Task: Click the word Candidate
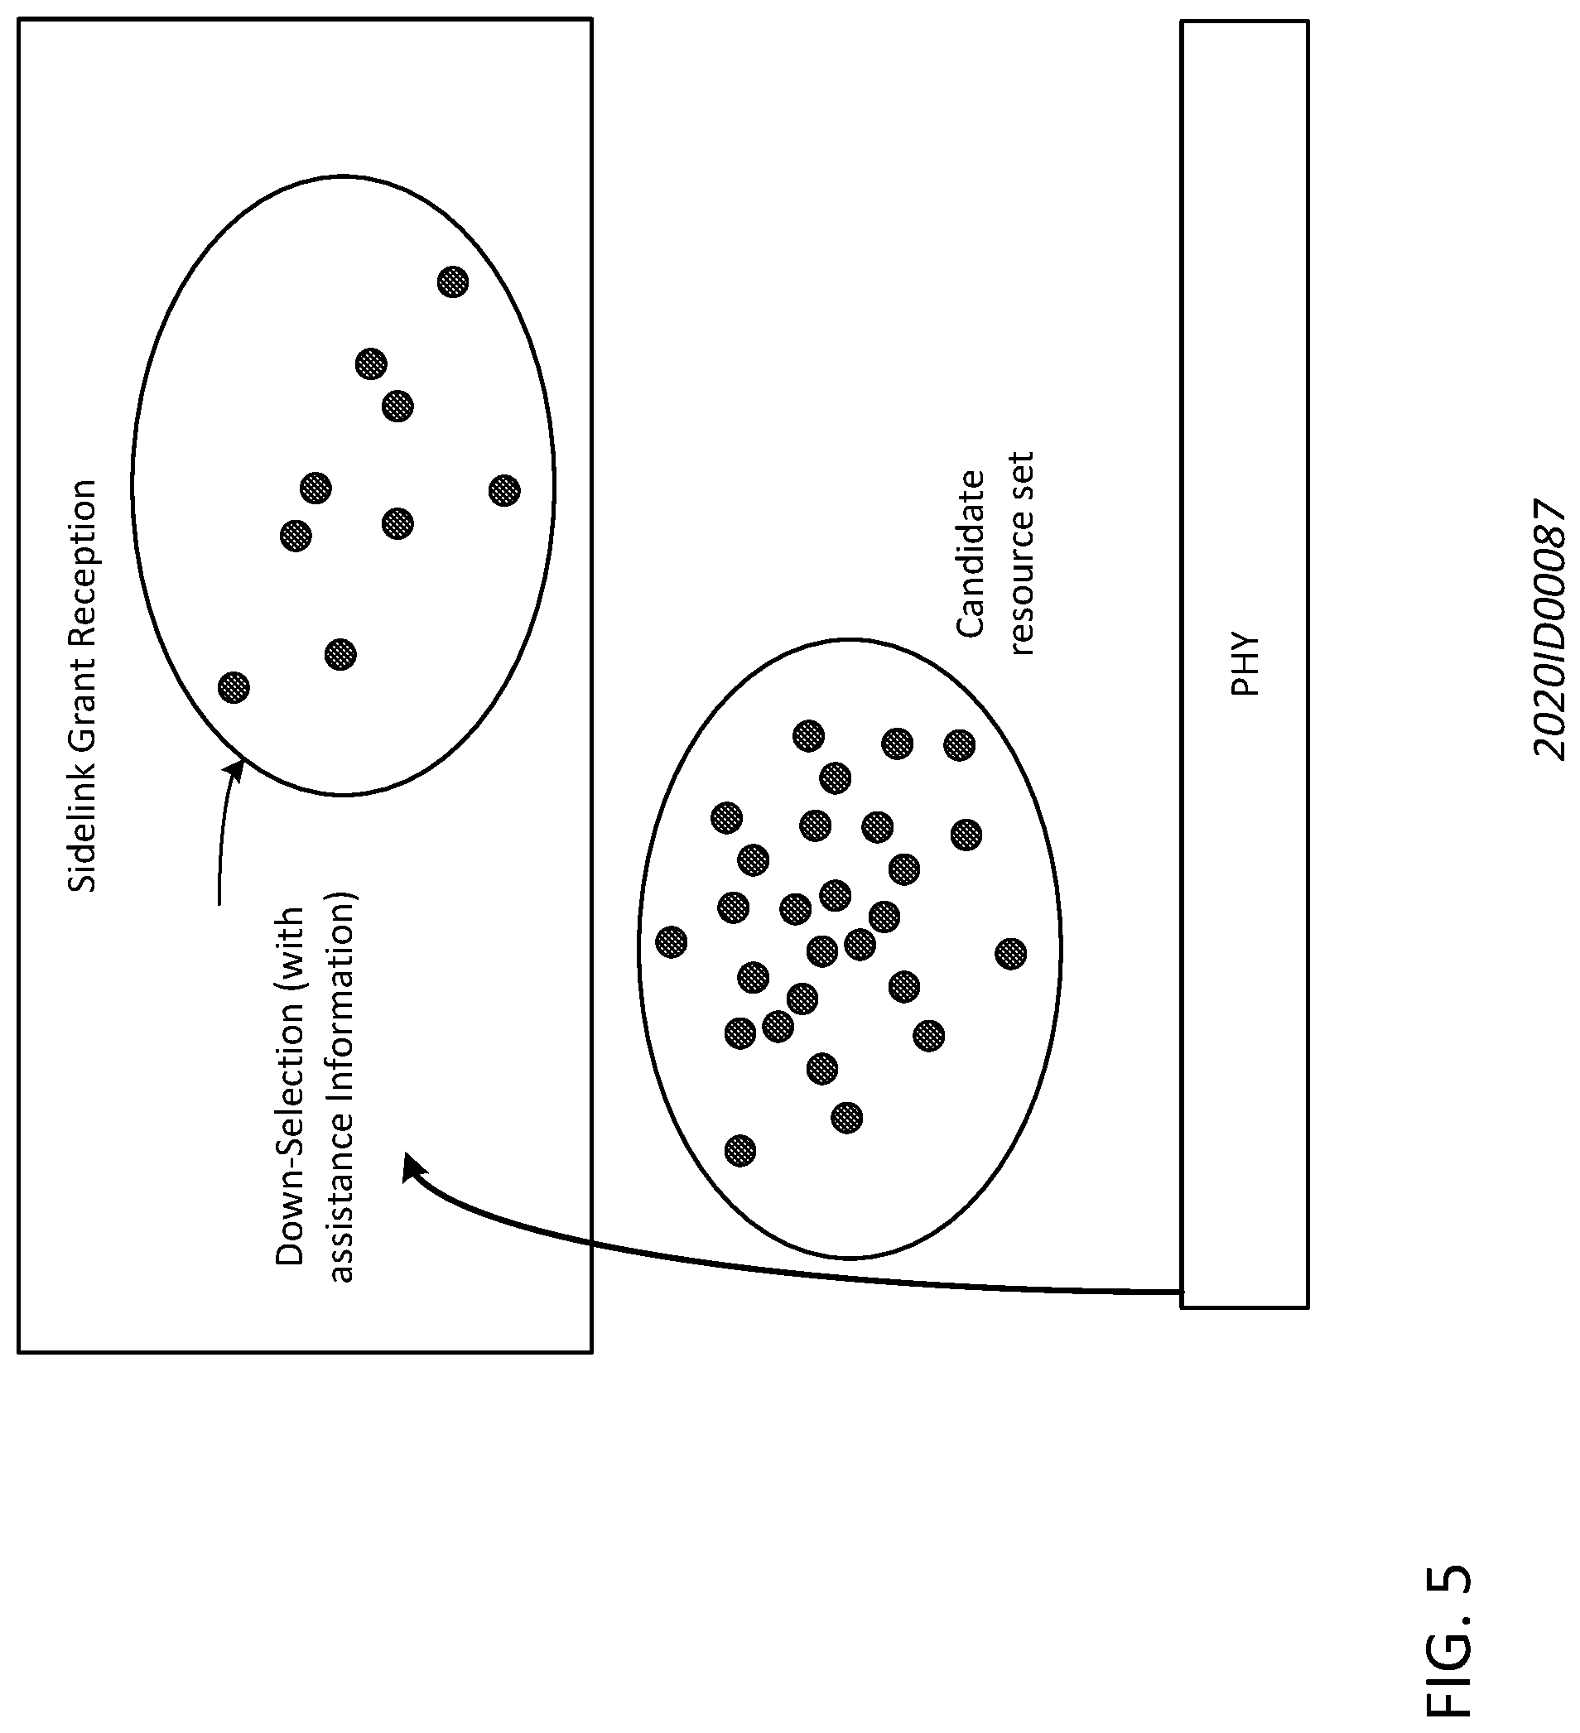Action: click(971, 554)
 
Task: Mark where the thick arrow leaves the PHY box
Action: click(1182, 1291)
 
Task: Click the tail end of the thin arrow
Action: click(219, 904)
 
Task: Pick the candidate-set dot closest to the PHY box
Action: click(1011, 953)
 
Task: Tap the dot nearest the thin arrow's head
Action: click(234, 687)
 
